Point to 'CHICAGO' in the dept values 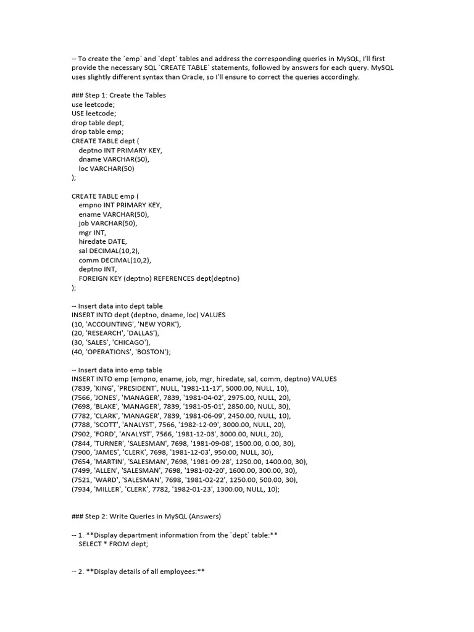128,343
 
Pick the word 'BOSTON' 149,352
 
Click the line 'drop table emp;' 98,131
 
